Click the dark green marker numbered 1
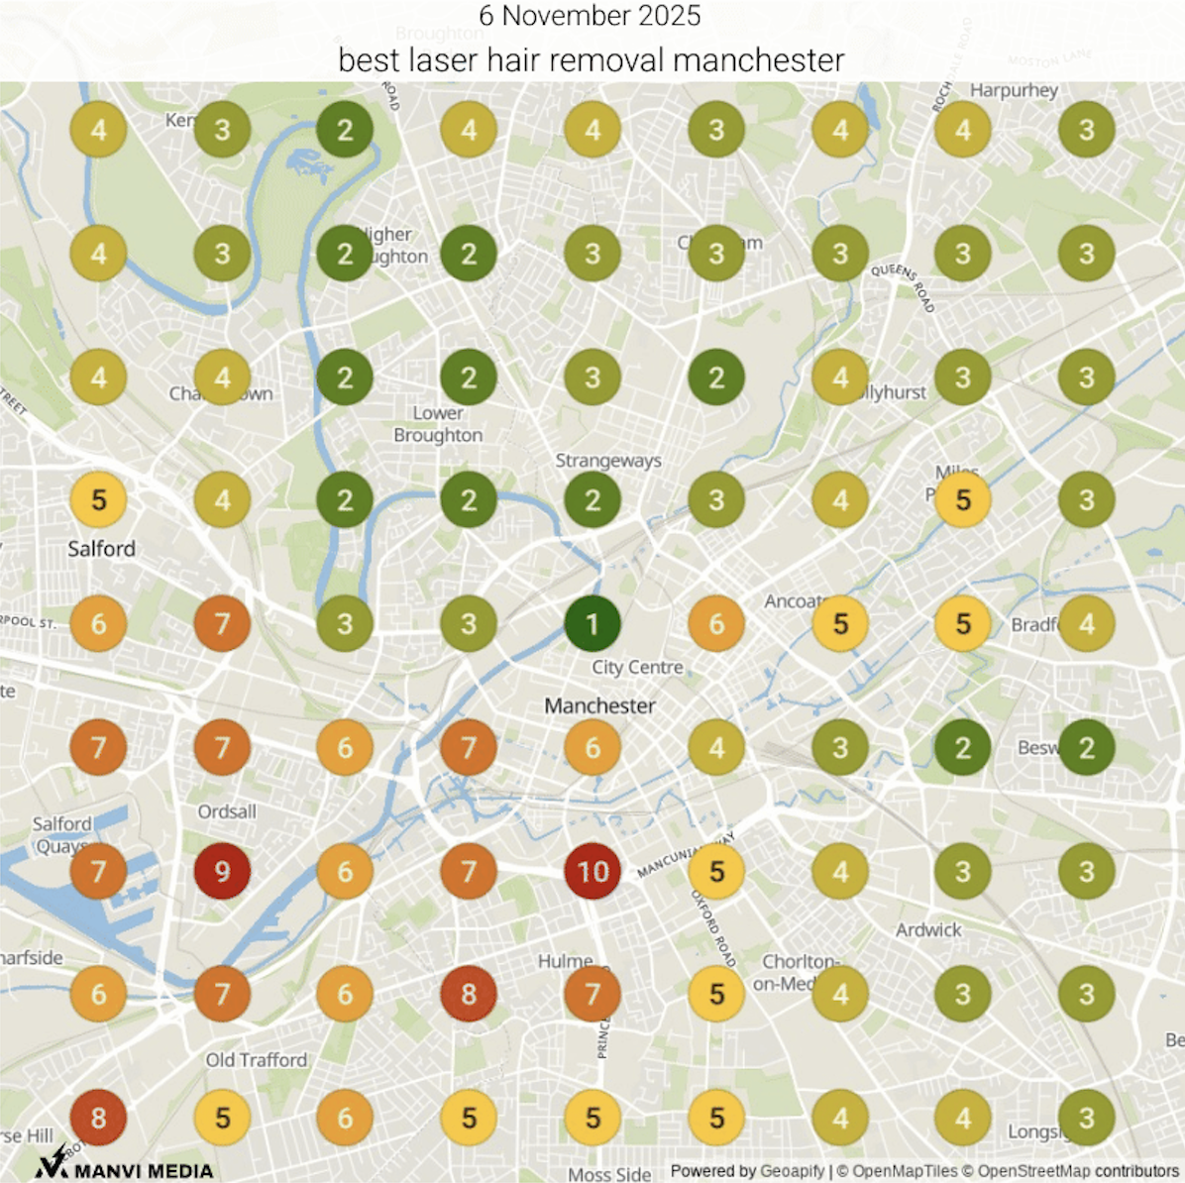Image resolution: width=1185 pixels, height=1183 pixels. tap(592, 624)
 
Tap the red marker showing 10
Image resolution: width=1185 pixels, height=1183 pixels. tap(592, 872)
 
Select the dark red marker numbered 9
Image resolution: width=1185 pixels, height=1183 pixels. tap(222, 872)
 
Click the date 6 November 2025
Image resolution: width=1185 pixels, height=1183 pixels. tap(590, 16)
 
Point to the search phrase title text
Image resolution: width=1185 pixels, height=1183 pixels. tap(592, 59)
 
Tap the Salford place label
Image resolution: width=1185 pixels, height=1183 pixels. tap(101, 549)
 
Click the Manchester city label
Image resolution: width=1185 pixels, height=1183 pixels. tap(599, 705)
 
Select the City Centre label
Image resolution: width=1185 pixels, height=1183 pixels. tap(637, 667)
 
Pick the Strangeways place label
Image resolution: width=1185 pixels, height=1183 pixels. tap(607, 460)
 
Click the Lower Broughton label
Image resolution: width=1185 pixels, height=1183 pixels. tap(438, 424)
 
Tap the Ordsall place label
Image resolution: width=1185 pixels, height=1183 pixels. tap(227, 811)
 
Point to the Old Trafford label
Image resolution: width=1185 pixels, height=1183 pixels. tap(257, 1060)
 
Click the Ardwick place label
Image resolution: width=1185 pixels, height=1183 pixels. tap(928, 929)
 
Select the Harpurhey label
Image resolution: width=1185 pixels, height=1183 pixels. tap(1014, 90)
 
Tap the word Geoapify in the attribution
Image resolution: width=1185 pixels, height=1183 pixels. tap(792, 1171)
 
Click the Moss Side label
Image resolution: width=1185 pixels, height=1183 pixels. tap(609, 1174)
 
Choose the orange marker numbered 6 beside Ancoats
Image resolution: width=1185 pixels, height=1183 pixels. tap(716, 624)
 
